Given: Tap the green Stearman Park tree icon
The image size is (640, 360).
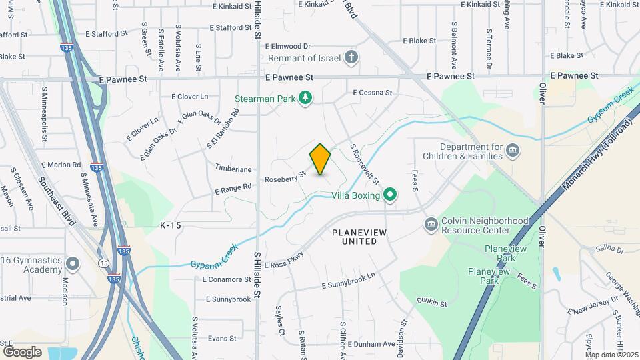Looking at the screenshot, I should pos(305,98).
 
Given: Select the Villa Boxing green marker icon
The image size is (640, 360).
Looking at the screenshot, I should pos(390,195).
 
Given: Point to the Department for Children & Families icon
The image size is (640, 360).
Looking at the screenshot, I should pos(513,149).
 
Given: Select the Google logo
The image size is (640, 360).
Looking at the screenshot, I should pos(22,351).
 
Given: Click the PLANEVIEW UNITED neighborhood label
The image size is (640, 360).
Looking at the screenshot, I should pos(359,236).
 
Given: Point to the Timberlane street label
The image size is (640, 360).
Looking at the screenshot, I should pos(233,169).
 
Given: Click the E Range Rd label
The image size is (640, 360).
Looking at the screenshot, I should pos(233,189).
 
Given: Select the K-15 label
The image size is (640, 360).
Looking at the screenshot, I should pos(171,226).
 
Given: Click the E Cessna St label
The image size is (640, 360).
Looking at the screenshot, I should pos(373,93).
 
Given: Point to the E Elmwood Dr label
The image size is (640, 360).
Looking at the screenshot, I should pos(288,47).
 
